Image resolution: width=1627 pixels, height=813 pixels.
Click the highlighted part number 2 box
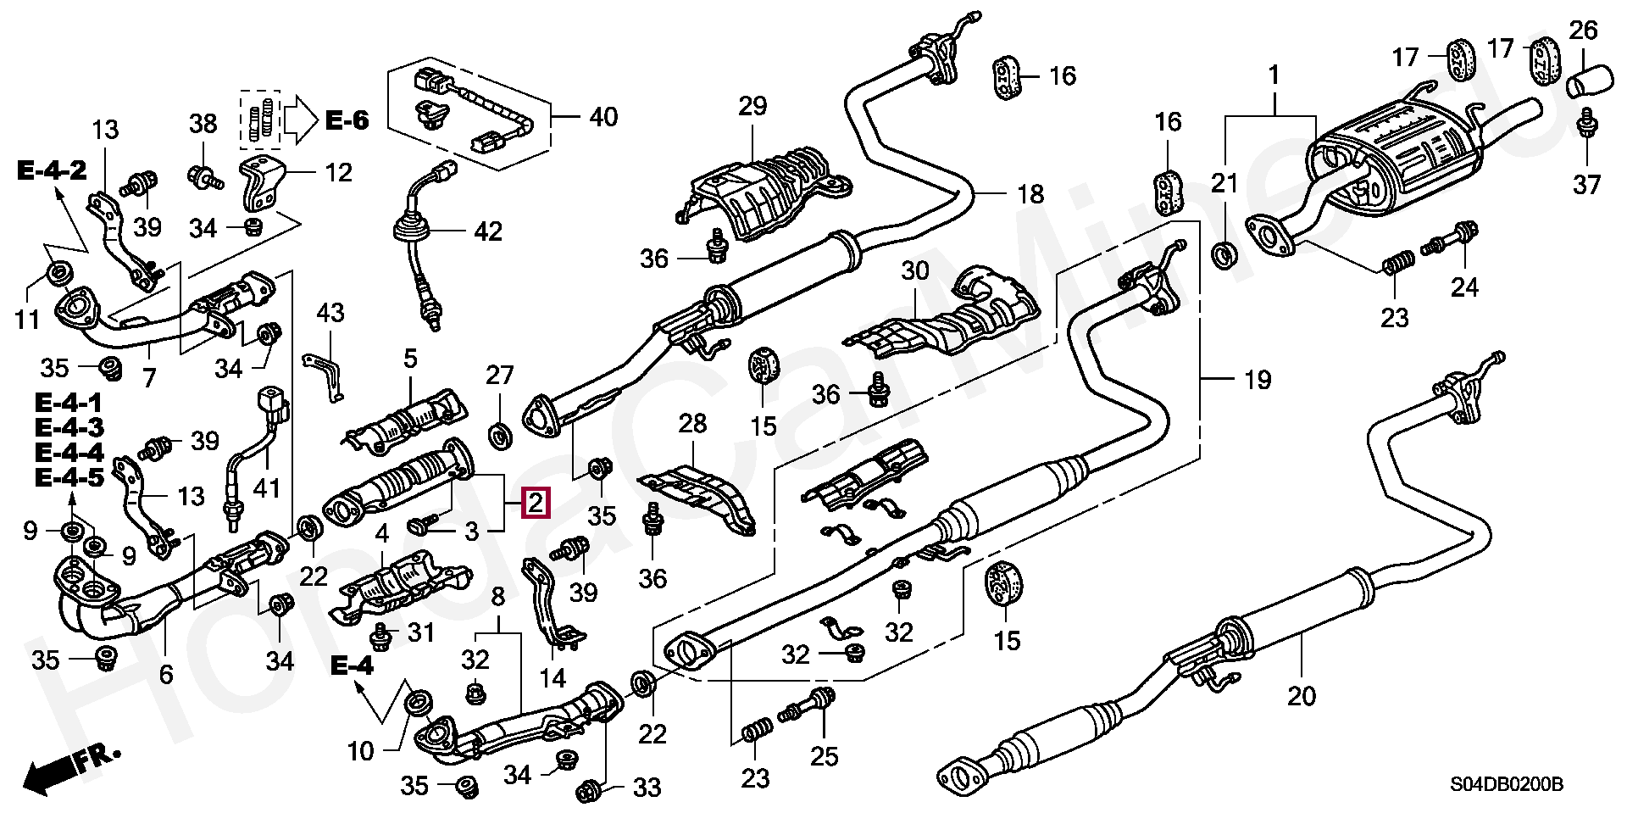(x=536, y=504)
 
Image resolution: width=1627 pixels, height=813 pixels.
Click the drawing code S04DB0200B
(x=1503, y=786)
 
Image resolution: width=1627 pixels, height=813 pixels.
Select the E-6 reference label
(x=347, y=121)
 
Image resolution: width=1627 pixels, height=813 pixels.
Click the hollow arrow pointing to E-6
(x=299, y=120)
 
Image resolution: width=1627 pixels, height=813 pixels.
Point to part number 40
(x=602, y=117)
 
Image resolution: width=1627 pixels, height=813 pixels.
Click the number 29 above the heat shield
(x=752, y=107)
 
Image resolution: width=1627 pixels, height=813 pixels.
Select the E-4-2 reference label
(x=52, y=170)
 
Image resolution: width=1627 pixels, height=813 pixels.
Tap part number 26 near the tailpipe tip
(x=1583, y=31)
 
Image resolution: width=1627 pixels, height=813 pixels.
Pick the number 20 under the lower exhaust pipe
(x=1302, y=696)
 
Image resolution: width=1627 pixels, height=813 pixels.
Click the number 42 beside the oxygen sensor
(x=487, y=231)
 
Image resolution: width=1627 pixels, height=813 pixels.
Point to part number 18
(x=1030, y=194)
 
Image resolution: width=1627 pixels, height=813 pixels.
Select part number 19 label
(x=1258, y=380)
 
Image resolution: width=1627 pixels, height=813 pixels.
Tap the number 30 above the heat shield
(x=914, y=271)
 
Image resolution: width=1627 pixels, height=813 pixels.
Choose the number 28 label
(x=692, y=424)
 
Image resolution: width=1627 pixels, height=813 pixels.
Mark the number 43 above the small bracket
(x=330, y=314)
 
